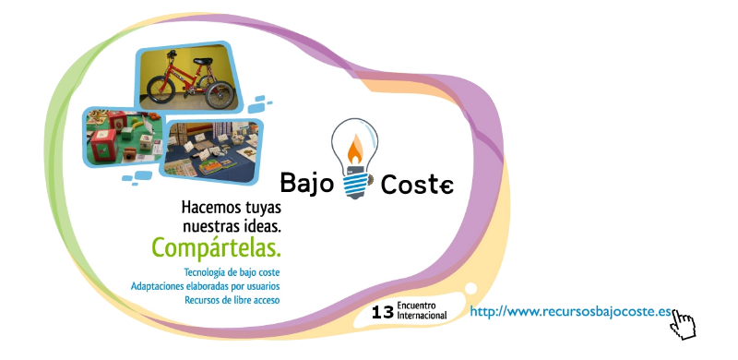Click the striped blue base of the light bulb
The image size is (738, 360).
(354, 185)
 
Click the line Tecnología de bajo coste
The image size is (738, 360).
(232, 272)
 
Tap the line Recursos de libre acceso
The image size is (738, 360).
(232, 300)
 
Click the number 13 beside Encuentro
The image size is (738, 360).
(382, 313)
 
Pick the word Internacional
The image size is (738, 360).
(423, 317)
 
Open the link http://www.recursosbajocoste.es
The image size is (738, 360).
(570, 312)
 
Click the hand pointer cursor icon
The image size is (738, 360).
(683, 324)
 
